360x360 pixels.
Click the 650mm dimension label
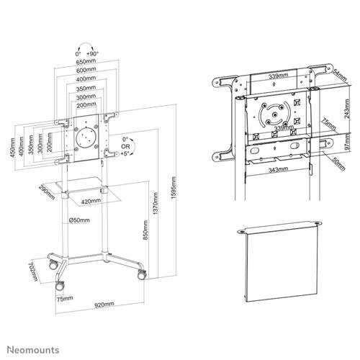pos(87,63)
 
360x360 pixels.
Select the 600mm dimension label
pos(87,71)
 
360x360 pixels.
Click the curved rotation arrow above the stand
pos(87,45)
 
